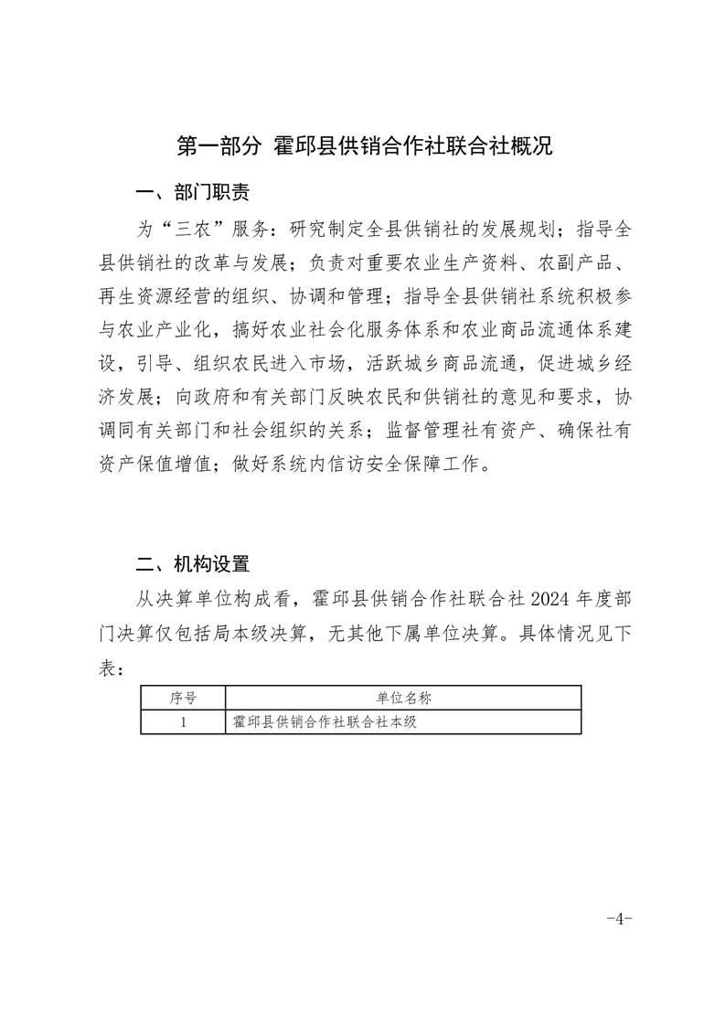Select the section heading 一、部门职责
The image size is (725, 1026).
point(192,193)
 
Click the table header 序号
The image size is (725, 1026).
point(183,699)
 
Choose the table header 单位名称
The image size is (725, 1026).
point(403,699)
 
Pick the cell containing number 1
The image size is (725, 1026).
point(183,722)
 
